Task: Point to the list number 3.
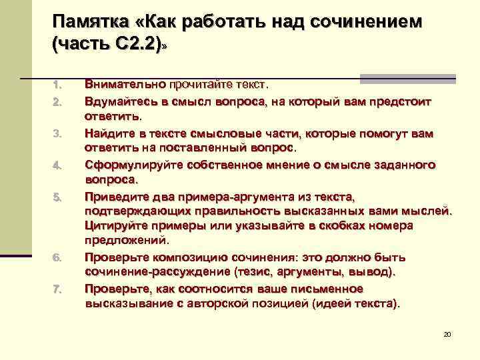point(57,134)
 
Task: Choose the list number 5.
point(57,197)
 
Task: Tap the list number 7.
point(57,289)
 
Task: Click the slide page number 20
point(447,333)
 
